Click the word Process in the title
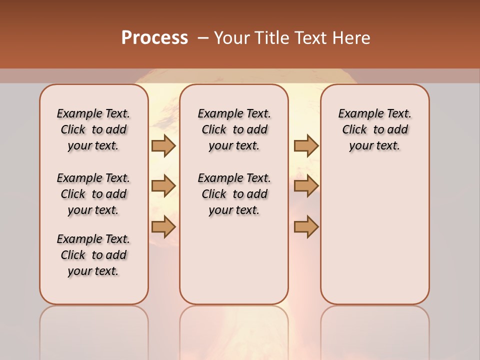coord(154,37)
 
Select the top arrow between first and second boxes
coord(163,145)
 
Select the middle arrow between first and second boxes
coord(163,186)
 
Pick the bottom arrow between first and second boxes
coord(163,226)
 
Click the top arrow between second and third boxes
coord(306,145)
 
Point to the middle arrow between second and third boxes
coord(306,186)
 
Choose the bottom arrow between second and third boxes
coord(306,226)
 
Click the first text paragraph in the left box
coord(93,129)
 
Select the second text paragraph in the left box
coord(93,194)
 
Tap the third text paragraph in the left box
coord(93,255)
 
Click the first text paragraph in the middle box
coord(234,129)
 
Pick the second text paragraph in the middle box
coord(234,194)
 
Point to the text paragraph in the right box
coord(375,129)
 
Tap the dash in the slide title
coord(203,38)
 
